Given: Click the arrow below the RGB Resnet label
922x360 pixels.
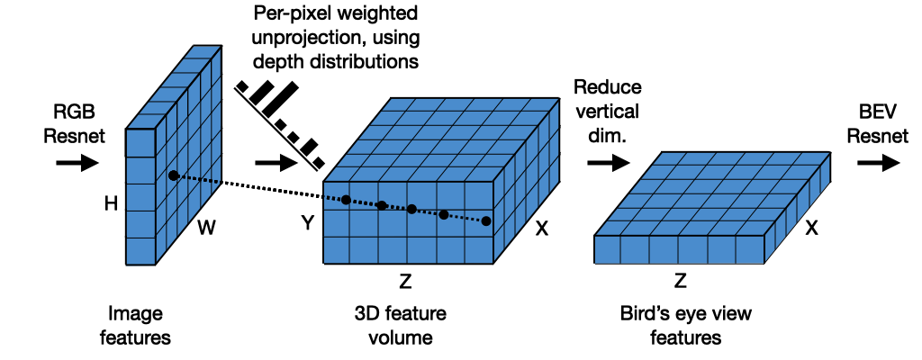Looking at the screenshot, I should pyautogui.click(x=77, y=163).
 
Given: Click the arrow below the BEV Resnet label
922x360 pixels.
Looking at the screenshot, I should pyautogui.click(x=878, y=163).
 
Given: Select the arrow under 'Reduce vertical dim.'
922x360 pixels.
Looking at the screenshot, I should pyautogui.click(x=607, y=163).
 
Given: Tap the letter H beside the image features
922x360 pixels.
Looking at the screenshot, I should pyautogui.click(x=111, y=204).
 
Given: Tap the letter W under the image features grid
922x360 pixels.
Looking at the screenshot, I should pyautogui.click(x=207, y=229).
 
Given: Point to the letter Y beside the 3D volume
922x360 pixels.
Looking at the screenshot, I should pyautogui.click(x=307, y=223).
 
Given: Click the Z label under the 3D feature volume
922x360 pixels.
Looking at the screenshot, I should pyautogui.click(x=405, y=283).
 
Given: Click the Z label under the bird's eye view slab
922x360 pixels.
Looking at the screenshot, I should pyautogui.click(x=681, y=281).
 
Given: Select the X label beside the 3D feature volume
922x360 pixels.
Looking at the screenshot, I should pyautogui.click(x=542, y=229).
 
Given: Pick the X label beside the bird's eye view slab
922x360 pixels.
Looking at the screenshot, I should pyautogui.click(x=811, y=229).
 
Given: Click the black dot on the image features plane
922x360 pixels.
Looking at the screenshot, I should pyautogui.click(x=173, y=175).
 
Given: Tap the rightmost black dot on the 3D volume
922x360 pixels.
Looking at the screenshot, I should pyautogui.click(x=486, y=220).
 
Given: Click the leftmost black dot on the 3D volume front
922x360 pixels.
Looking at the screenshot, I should pyautogui.click(x=346, y=200).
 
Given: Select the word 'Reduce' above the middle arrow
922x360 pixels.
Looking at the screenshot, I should pyautogui.click(x=608, y=87).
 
